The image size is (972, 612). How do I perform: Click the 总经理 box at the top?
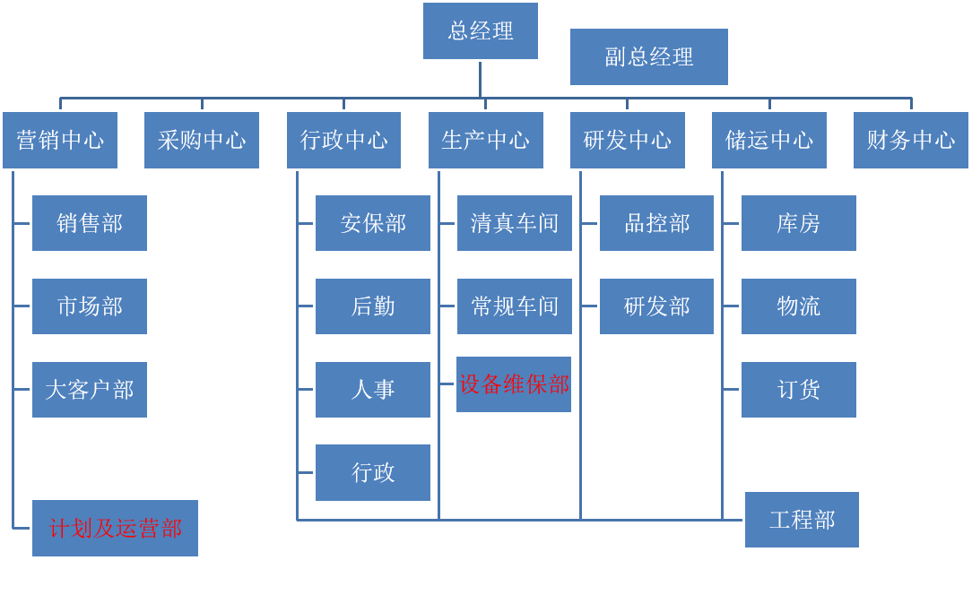[x=480, y=30]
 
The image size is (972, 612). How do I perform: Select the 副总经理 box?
[x=648, y=56]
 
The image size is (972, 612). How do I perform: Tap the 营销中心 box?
[x=60, y=140]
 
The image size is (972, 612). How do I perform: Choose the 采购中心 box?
[x=202, y=140]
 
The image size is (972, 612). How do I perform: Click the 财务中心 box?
[x=910, y=140]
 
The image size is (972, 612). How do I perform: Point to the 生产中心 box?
[x=485, y=140]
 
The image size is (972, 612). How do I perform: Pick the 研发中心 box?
[x=627, y=140]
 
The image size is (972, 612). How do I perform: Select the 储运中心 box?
[x=768, y=140]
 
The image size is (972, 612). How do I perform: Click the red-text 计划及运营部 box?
[x=115, y=528]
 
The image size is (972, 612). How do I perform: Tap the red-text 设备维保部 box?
[x=514, y=384]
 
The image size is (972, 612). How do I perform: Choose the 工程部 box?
[x=802, y=520]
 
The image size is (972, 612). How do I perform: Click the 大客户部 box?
[x=90, y=390]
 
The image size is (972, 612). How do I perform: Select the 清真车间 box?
[x=514, y=223]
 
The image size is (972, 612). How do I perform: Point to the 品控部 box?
[x=656, y=223]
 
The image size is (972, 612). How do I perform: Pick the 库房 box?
[x=798, y=223]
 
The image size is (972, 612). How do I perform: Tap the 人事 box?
[x=373, y=390]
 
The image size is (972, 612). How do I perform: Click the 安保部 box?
[x=373, y=223]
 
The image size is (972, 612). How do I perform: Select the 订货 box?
[x=798, y=390]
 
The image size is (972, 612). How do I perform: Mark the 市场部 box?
[x=90, y=306]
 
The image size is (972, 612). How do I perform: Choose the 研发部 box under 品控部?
[x=656, y=306]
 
